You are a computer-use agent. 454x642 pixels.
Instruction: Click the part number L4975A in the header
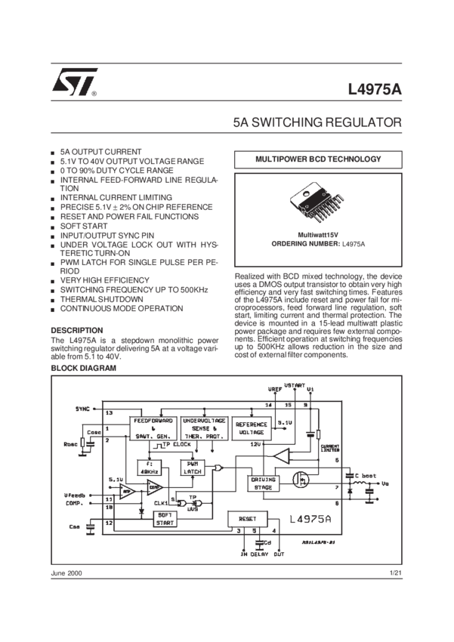[x=375, y=88]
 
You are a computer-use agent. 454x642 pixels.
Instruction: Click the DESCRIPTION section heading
[x=76, y=331]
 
